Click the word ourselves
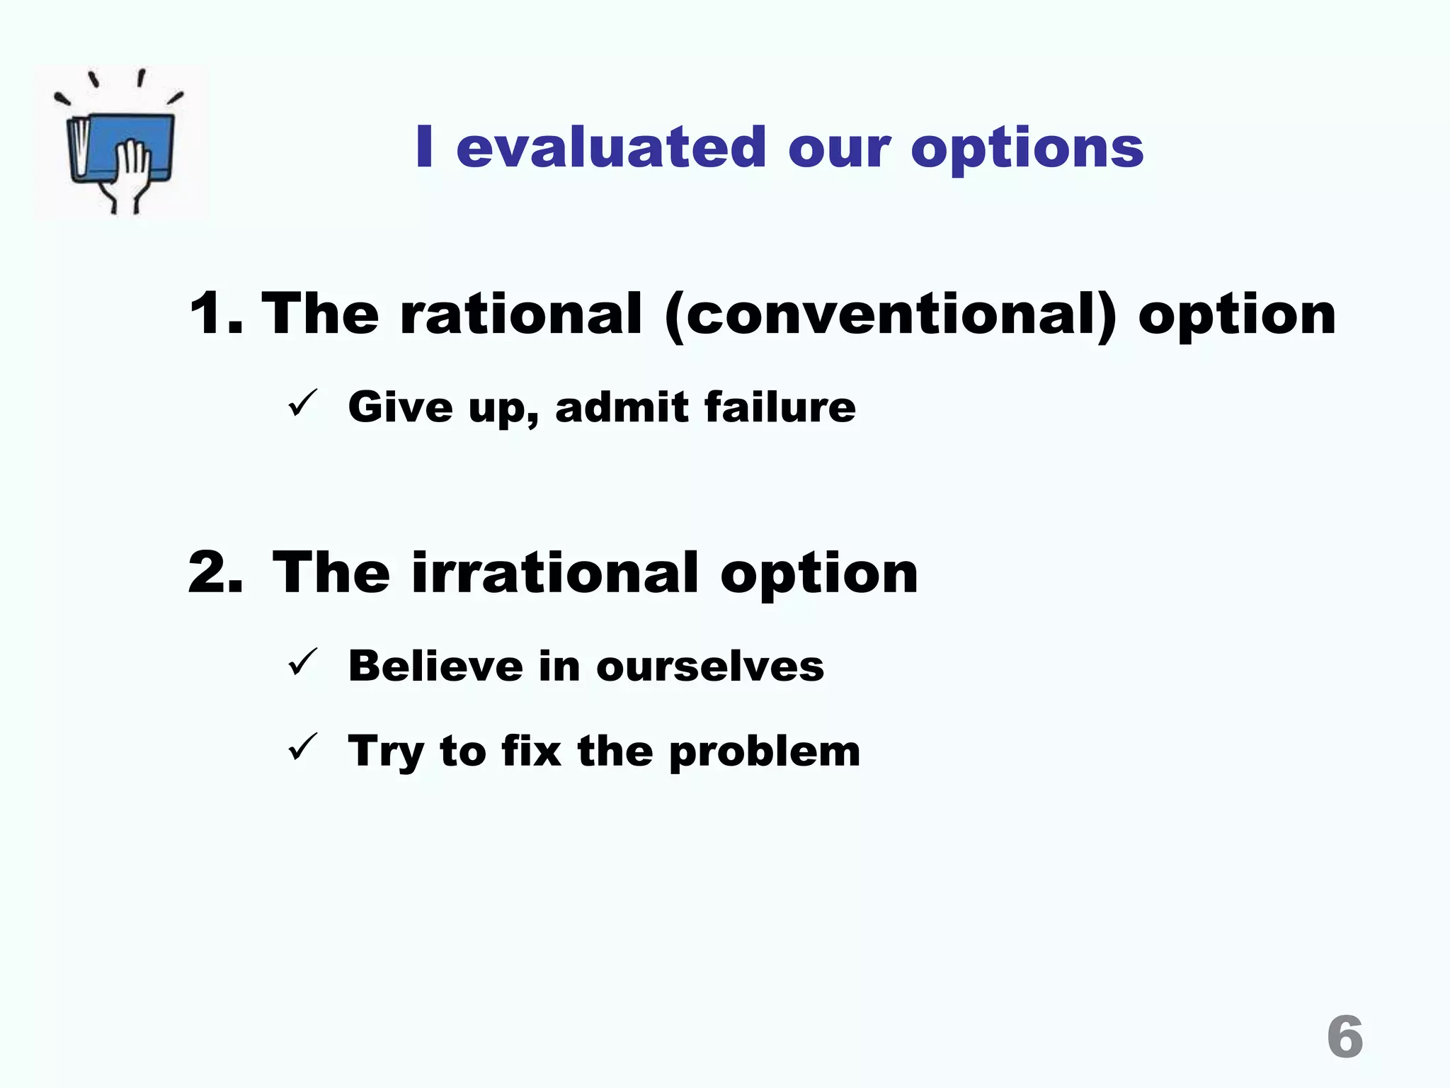click(x=710, y=667)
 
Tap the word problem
click(x=765, y=752)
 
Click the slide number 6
click(x=1345, y=1037)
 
